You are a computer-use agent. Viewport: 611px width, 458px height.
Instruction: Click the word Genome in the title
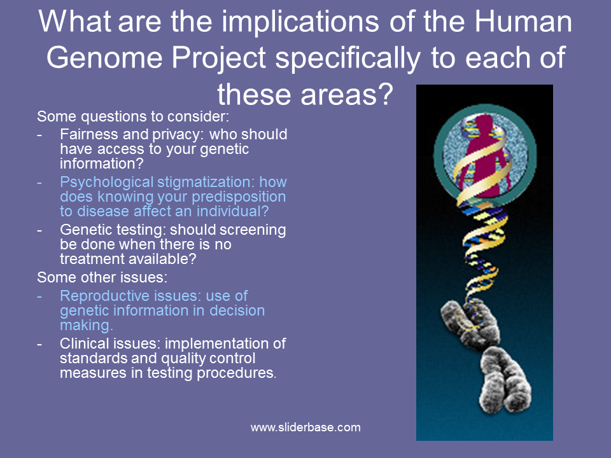pos(104,58)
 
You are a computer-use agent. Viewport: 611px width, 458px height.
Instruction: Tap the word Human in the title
pos(523,22)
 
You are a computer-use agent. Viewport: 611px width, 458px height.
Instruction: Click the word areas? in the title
pos(347,95)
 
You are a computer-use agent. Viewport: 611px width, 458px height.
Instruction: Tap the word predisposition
pos(239,197)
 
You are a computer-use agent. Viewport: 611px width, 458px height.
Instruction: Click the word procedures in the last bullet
pos(236,373)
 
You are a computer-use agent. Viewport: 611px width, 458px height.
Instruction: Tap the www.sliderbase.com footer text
pos(305,427)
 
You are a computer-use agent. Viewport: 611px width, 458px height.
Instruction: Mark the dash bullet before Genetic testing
pos(39,230)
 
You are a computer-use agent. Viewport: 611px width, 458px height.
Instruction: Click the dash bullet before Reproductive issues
pos(39,296)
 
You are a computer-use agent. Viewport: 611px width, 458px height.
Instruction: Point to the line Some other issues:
pos(102,277)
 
